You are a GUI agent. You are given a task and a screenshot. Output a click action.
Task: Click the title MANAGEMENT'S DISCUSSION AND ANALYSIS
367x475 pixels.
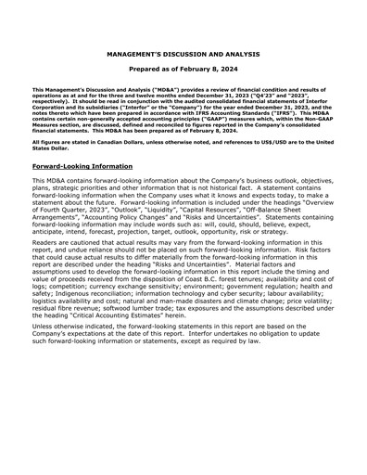183,55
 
